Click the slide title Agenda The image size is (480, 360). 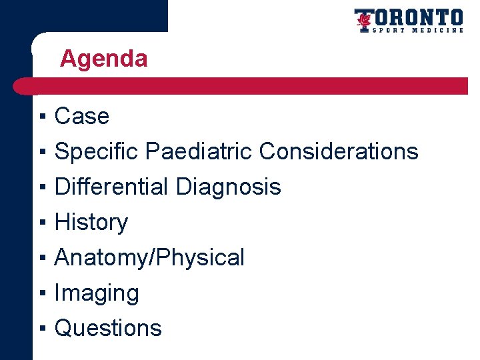(x=103, y=59)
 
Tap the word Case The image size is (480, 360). (x=81, y=117)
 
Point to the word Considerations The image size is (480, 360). (x=338, y=152)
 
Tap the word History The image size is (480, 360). (x=91, y=223)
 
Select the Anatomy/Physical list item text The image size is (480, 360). (x=149, y=258)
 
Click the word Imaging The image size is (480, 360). (x=97, y=293)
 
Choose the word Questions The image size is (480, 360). (x=108, y=329)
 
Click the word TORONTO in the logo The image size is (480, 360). (x=417, y=17)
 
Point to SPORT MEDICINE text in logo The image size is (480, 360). (x=417, y=30)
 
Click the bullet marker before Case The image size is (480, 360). (x=41, y=117)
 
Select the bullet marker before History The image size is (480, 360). (x=41, y=223)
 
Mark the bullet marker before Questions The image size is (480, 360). (x=41, y=329)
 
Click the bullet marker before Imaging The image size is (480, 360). (x=41, y=293)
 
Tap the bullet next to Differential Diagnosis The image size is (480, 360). (x=41, y=187)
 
